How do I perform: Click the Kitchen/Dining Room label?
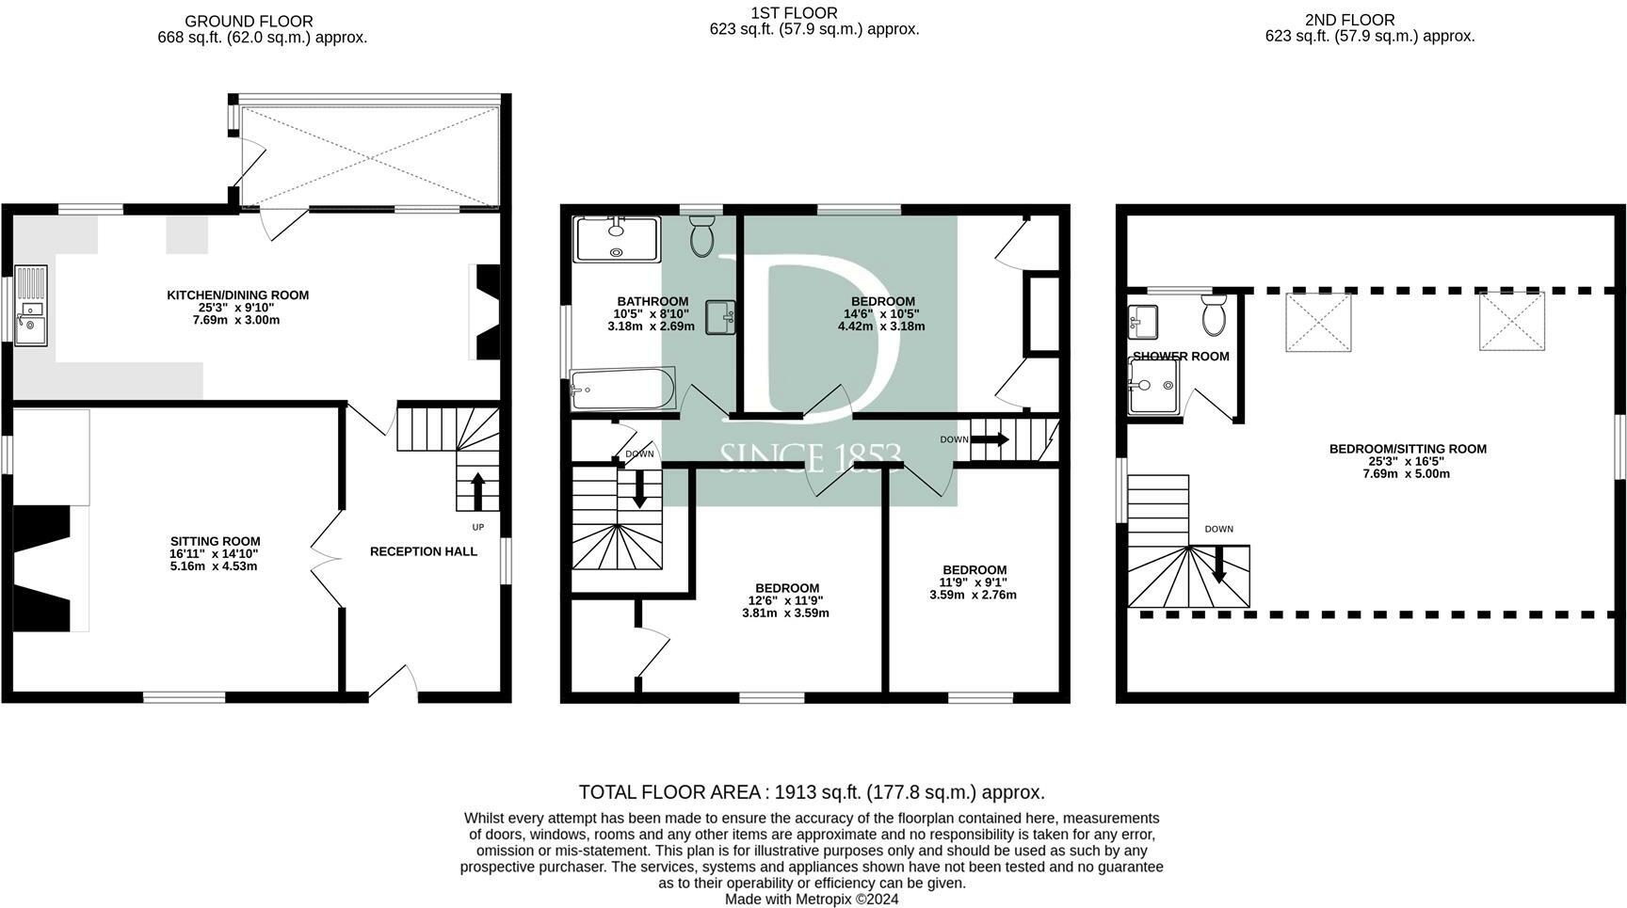click(x=237, y=295)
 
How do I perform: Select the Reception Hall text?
click(x=424, y=551)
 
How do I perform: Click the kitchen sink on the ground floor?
click(x=30, y=307)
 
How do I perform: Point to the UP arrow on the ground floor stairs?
click(x=477, y=491)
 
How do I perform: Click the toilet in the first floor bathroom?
click(x=702, y=236)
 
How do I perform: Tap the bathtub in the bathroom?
click(x=622, y=390)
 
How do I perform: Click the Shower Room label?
click(x=1181, y=357)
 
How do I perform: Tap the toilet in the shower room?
click(x=1214, y=314)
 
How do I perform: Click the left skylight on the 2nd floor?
click(x=1318, y=322)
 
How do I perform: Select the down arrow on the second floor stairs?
click(x=1218, y=565)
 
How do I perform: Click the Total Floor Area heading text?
click(x=812, y=792)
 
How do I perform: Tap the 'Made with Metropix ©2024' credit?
click(x=812, y=899)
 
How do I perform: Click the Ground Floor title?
click(x=249, y=21)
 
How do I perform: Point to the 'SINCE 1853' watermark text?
click(x=811, y=457)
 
